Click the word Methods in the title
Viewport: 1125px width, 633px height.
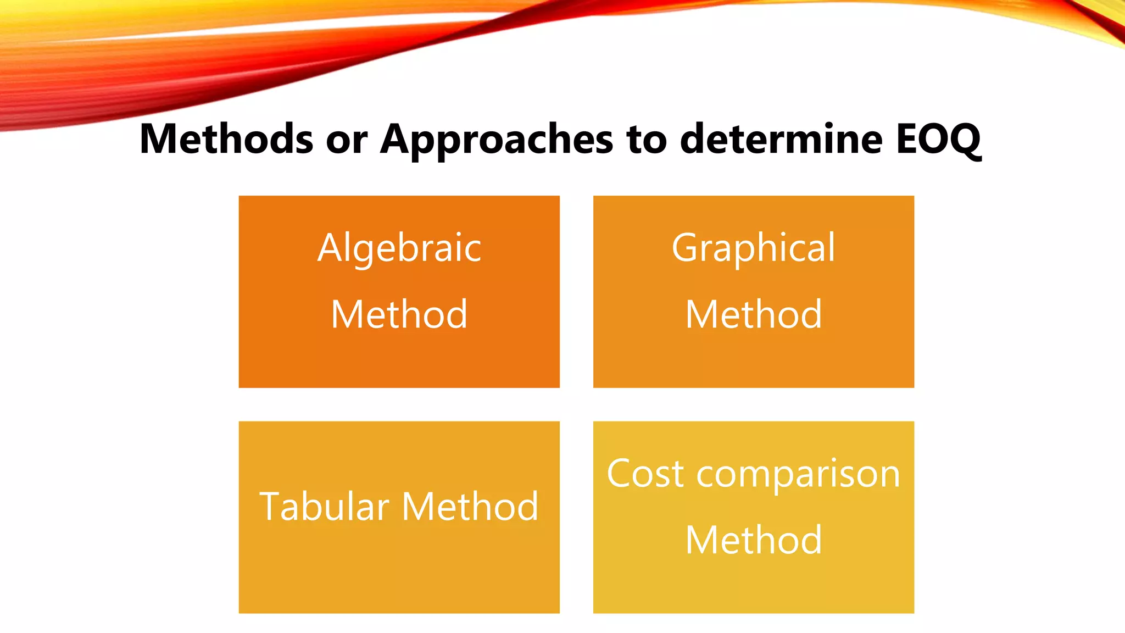click(x=226, y=138)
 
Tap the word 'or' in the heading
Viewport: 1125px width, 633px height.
click(x=347, y=140)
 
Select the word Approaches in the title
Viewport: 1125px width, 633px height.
click(x=497, y=140)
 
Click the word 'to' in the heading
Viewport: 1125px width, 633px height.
click(x=646, y=140)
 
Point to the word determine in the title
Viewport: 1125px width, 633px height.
click(x=781, y=138)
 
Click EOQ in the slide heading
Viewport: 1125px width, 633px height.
click(x=938, y=140)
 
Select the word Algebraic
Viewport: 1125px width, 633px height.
click(x=399, y=248)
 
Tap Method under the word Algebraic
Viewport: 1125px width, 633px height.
click(x=399, y=314)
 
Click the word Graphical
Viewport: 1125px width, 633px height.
click(x=753, y=248)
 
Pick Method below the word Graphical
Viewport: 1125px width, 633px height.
click(x=754, y=314)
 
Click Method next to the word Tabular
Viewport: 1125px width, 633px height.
click(x=470, y=506)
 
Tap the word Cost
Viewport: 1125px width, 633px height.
click(x=645, y=473)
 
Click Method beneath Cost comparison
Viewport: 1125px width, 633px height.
click(x=754, y=540)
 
